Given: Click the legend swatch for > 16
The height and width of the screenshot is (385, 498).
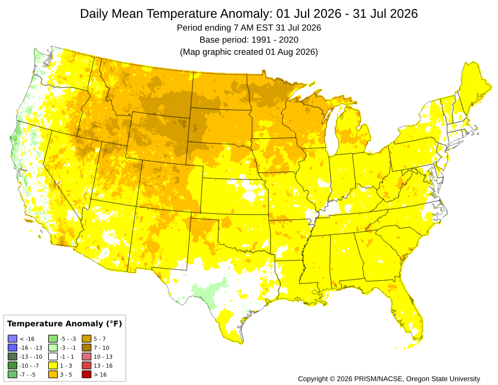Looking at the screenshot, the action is click(x=86, y=374).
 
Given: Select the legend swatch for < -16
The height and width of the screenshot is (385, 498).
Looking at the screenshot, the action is click(x=13, y=339).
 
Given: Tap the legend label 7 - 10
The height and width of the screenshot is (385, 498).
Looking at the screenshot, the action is click(x=101, y=348).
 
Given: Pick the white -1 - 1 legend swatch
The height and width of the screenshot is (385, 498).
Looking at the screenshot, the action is click(x=53, y=357).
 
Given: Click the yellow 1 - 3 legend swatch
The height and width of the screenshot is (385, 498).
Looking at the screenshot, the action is click(x=53, y=365).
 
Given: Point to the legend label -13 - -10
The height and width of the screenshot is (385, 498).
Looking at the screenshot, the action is click(x=31, y=357).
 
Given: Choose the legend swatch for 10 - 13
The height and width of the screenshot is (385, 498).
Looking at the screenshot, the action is click(x=86, y=357).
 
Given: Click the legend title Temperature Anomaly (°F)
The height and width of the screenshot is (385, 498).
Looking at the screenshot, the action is click(x=64, y=324).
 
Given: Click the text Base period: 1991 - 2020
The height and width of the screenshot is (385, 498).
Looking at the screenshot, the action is click(x=249, y=40).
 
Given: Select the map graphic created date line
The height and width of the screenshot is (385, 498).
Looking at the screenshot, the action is click(x=249, y=52).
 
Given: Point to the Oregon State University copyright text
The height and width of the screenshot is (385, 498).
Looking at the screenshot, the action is click(x=389, y=378).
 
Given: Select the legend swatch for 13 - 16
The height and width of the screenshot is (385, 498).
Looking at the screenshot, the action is click(x=86, y=365).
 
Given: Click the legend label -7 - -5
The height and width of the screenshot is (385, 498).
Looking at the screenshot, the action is click(x=27, y=374).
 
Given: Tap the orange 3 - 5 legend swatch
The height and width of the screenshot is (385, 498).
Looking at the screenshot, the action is click(x=53, y=374).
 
